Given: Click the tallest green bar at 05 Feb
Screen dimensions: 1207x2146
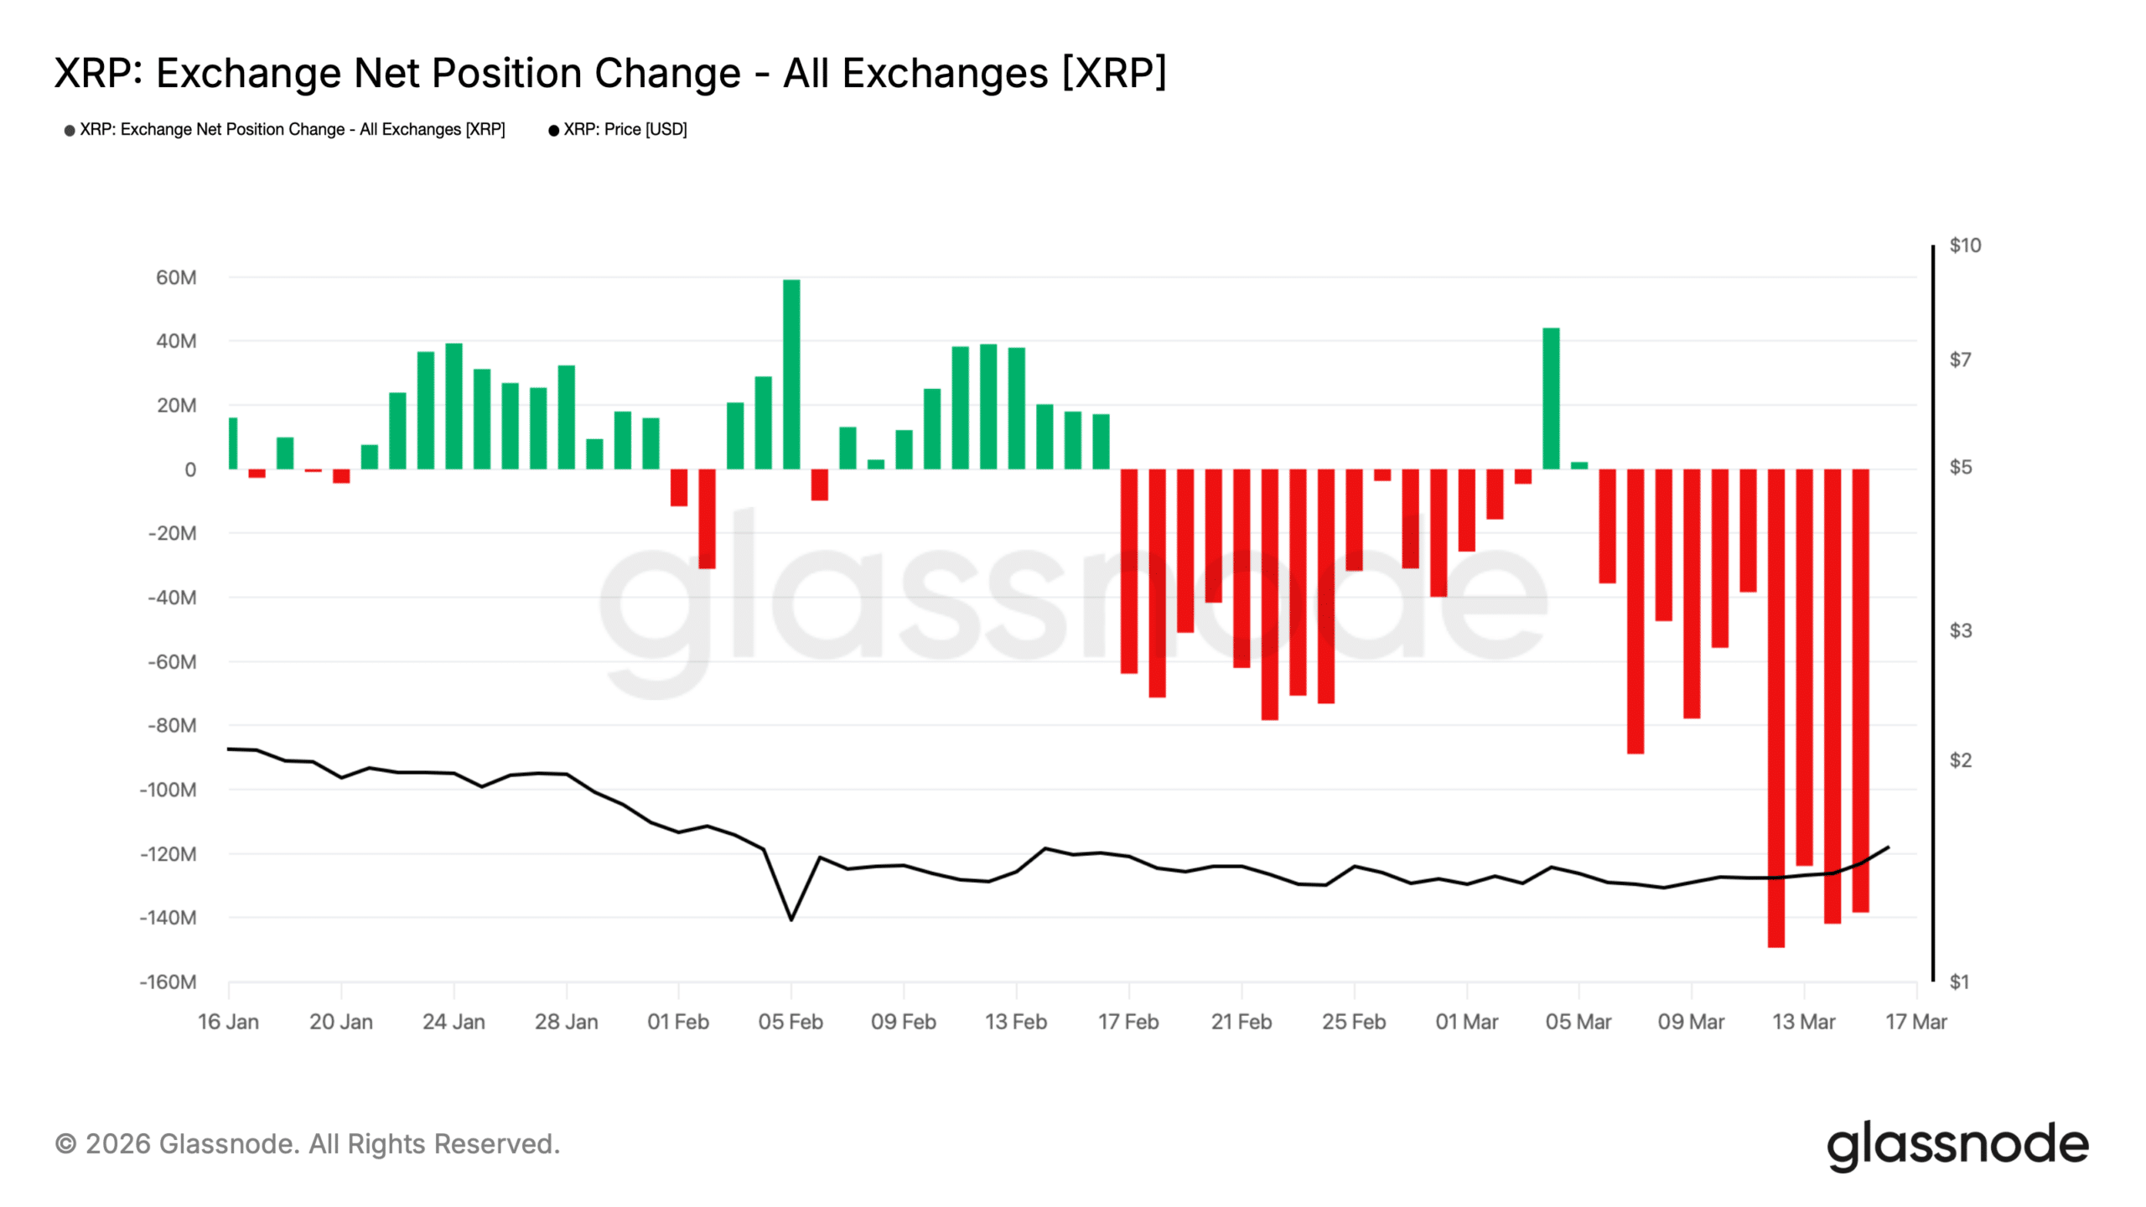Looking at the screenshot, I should (x=790, y=374).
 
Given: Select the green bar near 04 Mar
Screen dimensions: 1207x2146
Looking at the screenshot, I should (x=1551, y=398).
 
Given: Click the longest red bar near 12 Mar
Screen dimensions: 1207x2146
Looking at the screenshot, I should (x=1775, y=708).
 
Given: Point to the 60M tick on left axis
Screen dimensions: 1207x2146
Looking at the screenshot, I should (x=176, y=277).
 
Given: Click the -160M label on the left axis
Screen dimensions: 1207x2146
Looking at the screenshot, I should (x=168, y=982).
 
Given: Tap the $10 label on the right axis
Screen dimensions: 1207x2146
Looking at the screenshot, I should (x=1964, y=246).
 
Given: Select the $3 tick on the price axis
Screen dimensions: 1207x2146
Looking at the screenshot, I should (x=1960, y=630).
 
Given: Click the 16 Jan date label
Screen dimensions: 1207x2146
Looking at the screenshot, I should (x=228, y=1022).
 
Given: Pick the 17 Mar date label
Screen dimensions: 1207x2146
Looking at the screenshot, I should (x=1915, y=1022).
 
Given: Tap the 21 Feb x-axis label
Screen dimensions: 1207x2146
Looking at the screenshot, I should (x=1241, y=1022).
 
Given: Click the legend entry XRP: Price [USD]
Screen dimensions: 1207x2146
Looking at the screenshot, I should (x=625, y=130).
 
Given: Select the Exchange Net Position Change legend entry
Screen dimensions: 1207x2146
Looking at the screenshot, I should (x=292, y=130).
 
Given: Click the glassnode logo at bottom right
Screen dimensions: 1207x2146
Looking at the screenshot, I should (x=1957, y=1145).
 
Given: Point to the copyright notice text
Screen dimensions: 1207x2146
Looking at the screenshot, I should (x=308, y=1144).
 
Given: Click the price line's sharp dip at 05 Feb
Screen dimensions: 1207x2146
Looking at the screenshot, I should (x=790, y=919).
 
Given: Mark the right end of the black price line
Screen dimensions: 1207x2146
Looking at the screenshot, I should (x=1888, y=847).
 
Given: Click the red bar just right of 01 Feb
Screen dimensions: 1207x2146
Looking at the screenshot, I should (x=707, y=519).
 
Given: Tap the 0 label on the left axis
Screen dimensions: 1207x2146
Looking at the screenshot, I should (x=190, y=470).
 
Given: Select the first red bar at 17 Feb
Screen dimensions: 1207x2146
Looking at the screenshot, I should (x=1128, y=571).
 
